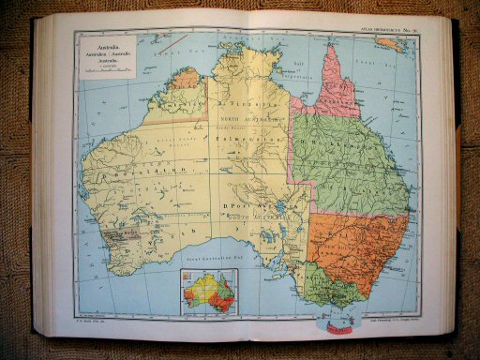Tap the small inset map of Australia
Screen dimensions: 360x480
coord(209,290)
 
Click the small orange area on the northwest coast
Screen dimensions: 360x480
coord(187,78)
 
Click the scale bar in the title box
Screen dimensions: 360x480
coord(101,67)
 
